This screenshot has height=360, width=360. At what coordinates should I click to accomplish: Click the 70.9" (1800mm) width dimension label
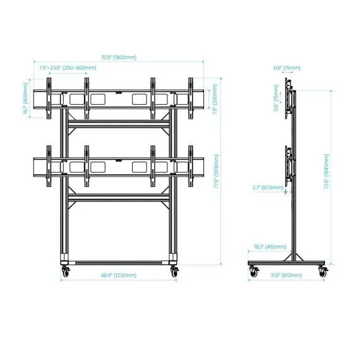point(119,57)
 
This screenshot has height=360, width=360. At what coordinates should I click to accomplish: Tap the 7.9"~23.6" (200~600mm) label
point(68,68)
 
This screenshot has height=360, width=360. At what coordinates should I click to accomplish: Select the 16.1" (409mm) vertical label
point(25,99)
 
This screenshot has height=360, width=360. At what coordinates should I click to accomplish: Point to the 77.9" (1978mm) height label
point(217,171)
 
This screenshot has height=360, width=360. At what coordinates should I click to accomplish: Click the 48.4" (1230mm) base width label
point(119,275)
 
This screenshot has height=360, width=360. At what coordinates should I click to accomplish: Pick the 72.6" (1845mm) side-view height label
point(327,171)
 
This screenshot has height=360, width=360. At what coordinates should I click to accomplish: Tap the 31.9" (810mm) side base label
point(286,275)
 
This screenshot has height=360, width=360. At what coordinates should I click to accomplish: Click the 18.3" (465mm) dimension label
point(270,247)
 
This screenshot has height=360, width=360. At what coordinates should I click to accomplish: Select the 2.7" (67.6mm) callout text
point(268,188)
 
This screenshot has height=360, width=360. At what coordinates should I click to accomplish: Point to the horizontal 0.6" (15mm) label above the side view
point(287,68)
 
